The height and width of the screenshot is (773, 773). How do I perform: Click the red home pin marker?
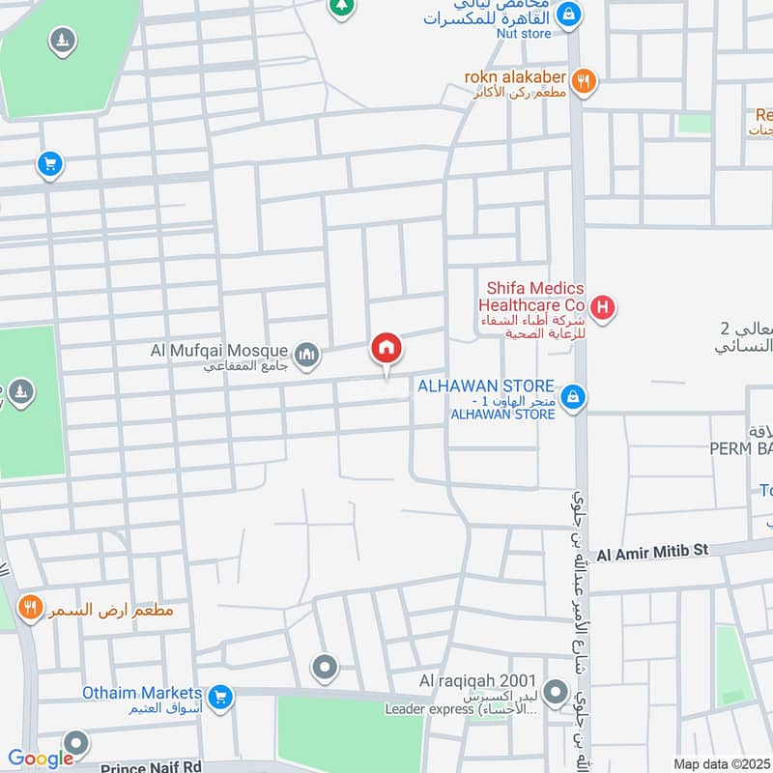click(x=386, y=348)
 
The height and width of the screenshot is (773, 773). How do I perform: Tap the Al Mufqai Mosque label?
click(x=219, y=350)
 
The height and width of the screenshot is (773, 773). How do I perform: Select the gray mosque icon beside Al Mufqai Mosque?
click(x=307, y=356)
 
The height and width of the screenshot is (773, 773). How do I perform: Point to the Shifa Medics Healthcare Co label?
click(x=534, y=297)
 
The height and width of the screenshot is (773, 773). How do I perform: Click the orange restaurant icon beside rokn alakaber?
click(x=583, y=82)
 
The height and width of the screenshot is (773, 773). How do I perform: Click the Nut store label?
click(x=526, y=34)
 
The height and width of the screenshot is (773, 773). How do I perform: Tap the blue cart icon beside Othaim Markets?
click(x=221, y=696)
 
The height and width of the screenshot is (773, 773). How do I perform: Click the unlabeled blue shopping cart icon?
click(x=50, y=164)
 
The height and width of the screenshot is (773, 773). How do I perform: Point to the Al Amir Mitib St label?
click(x=653, y=552)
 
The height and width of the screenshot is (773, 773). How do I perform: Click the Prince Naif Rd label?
click(x=151, y=764)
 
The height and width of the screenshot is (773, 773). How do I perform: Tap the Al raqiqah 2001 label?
click(x=477, y=681)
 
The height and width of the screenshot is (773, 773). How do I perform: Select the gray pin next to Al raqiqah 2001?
click(x=556, y=693)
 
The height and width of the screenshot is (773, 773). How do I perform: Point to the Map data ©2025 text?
click(x=720, y=764)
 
